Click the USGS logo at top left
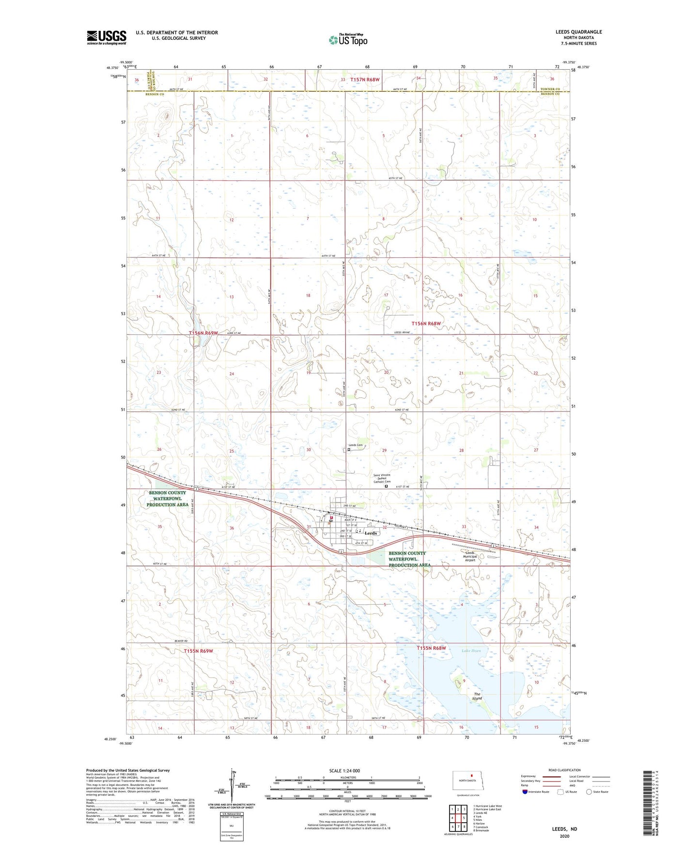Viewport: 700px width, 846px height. pos(107,37)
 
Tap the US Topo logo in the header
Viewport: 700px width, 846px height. pos(348,40)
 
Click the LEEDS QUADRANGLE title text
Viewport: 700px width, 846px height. pos(578,32)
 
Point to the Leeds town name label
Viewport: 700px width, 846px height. pos(371,533)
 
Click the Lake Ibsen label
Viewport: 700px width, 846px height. pos(471,651)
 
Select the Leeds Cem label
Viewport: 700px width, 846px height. pos(356,445)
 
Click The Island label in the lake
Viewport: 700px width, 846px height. pos(477,696)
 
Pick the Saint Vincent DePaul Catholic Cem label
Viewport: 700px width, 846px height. pos(381,478)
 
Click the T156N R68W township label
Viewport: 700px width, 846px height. pos(426,323)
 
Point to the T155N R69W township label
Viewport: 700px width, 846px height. pos(198,651)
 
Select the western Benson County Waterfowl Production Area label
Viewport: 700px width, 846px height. pos(167,499)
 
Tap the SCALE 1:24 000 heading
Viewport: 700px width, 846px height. pos(344,770)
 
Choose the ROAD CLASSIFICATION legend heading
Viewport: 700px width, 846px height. pos(564,770)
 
